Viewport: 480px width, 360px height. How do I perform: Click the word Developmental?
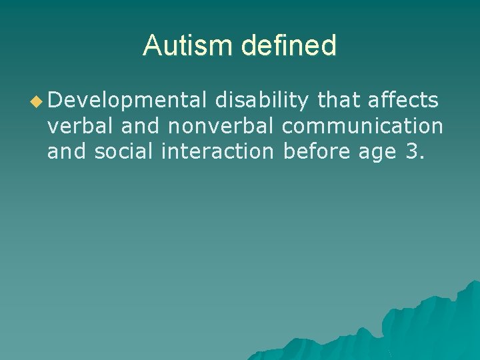coord(127,101)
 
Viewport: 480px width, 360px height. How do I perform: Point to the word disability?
coord(261,101)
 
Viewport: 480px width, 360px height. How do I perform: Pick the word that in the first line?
coord(337,101)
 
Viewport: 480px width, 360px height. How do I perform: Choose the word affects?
coord(402,101)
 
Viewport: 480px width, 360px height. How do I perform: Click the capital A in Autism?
coord(152,45)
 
